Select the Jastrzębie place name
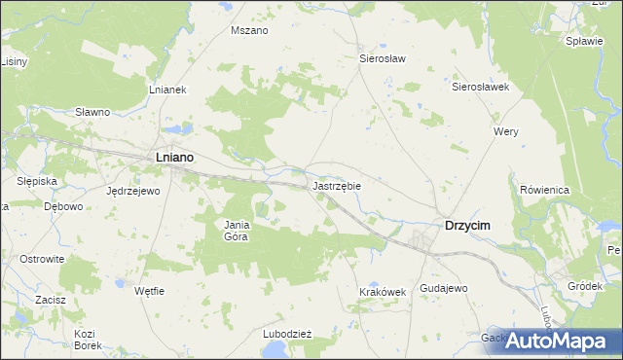click(x=338, y=184)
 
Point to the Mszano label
click(x=249, y=30)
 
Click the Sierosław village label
click(x=383, y=58)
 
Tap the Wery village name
click(x=506, y=131)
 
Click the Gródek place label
click(x=586, y=286)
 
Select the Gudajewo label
click(x=444, y=289)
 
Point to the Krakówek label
click(x=381, y=292)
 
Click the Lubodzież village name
click(x=286, y=333)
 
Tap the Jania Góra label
click(x=238, y=231)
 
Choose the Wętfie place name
click(x=149, y=291)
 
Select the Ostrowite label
click(x=42, y=259)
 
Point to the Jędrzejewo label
click(x=132, y=191)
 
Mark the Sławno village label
click(x=92, y=112)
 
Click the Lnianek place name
click(x=167, y=90)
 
